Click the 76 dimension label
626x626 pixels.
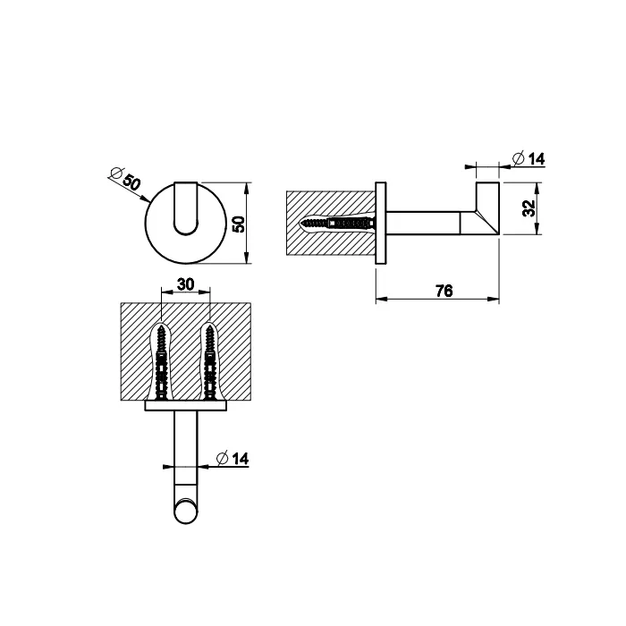coord(444,291)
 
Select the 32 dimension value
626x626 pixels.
coord(529,208)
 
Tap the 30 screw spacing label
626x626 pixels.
coord(185,284)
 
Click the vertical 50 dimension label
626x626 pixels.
coord(238,224)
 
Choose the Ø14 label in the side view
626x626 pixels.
coord(529,158)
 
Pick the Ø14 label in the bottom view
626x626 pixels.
coord(232,458)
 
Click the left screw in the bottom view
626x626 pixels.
coord(162,362)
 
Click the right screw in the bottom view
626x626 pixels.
coord(208,362)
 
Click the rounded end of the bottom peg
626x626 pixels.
coord(186,512)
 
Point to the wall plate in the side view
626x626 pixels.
coord(381,224)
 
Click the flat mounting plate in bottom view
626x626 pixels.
coord(186,406)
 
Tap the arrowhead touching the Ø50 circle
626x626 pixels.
coord(146,199)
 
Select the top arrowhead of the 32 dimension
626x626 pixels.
coord(537,189)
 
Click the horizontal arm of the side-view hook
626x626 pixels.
coord(423,224)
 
